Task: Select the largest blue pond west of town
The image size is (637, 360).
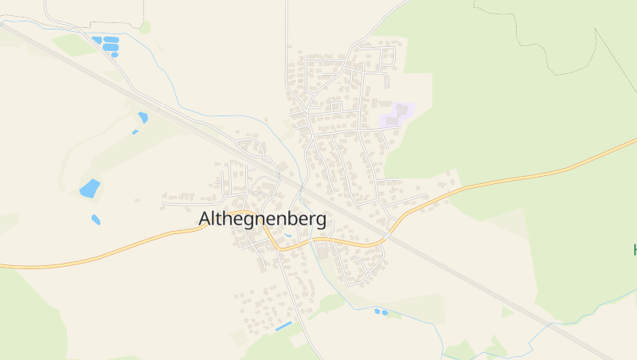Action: point(90,189)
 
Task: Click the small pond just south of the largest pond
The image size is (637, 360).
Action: point(96,219)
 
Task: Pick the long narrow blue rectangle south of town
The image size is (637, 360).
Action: point(283,327)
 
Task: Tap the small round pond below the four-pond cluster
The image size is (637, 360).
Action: point(115,54)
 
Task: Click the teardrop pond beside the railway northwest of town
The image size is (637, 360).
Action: point(143,117)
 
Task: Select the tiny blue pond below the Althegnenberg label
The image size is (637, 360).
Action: point(287,236)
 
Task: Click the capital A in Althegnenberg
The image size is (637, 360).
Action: point(204,218)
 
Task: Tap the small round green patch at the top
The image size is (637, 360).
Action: point(145,27)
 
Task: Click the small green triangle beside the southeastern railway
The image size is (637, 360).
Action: point(506,312)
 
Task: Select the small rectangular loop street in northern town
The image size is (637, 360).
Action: point(336,106)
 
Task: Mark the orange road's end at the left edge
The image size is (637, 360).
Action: point(2,265)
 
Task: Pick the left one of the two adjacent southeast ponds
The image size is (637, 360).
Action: point(377,311)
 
